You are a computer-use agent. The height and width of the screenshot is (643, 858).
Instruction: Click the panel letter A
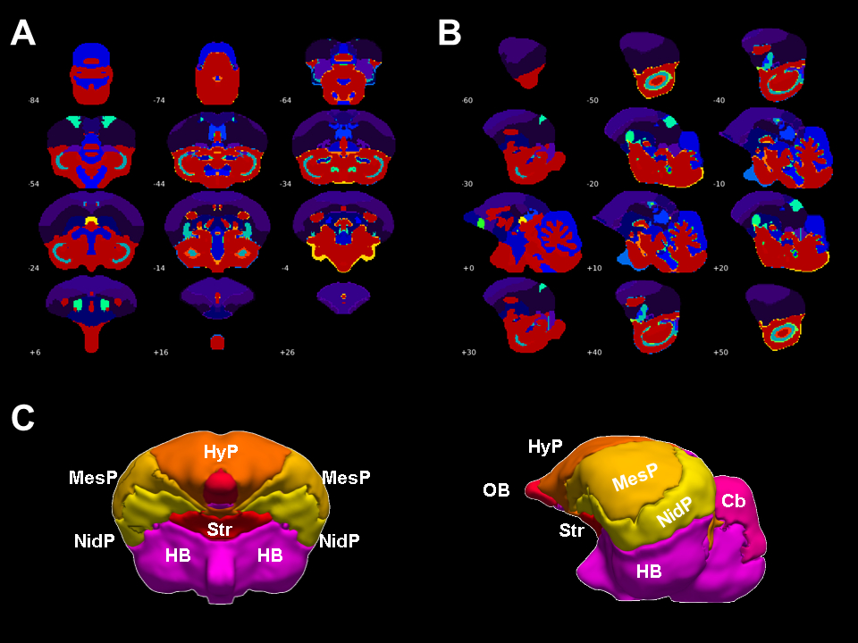[x=22, y=33]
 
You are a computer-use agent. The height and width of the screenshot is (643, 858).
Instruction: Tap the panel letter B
[x=450, y=33]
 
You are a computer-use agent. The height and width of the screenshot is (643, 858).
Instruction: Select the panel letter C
[x=23, y=417]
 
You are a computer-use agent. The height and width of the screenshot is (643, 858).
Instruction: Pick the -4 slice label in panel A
[x=285, y=268]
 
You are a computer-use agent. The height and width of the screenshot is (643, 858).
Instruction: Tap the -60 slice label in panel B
[x=467, y=100]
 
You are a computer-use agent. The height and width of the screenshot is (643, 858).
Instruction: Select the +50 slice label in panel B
[x=719, y=352]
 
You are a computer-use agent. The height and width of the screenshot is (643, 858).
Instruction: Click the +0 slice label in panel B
[x=467, y=268]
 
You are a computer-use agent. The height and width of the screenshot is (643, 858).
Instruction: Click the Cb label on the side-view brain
[x=734, y=501]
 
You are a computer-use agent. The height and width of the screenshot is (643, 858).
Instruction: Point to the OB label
[x=497, y=490]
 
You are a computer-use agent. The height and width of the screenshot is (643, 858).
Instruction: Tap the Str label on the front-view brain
[x=220, y=530]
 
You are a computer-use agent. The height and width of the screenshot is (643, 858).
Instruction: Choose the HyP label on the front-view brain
[x=220, y=452]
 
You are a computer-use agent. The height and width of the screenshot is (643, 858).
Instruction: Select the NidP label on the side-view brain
[x=675, y=512]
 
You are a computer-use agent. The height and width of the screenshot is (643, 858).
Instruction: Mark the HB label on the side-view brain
[x=649, y=570]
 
